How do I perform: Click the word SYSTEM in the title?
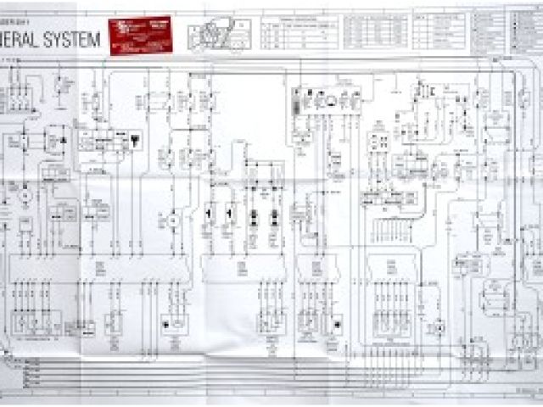74,38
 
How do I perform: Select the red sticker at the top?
140,35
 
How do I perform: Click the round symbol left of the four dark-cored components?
173,220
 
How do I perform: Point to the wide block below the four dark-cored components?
242,270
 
